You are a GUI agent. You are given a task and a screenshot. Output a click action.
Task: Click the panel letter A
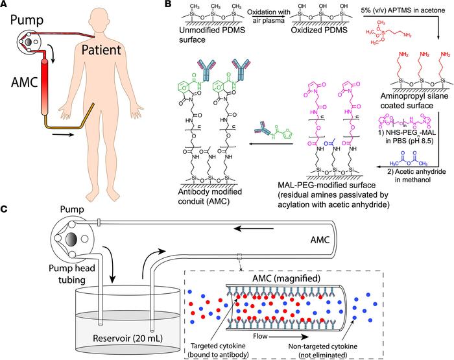pos(6,6)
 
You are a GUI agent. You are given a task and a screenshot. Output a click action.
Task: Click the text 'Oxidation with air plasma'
pos(250,14)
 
